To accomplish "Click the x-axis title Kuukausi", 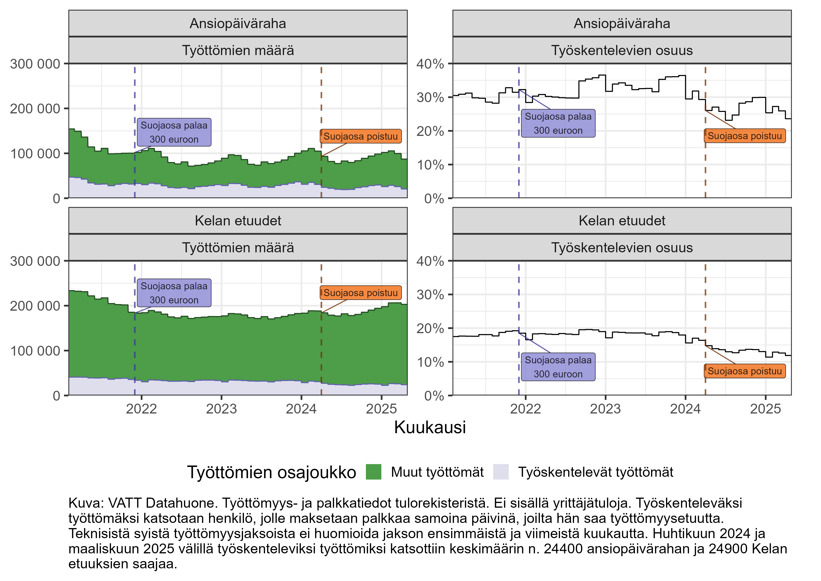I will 430,427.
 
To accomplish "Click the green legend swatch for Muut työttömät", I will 373,472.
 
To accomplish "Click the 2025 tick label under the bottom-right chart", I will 765,409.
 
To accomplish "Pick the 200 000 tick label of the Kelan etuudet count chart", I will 35,306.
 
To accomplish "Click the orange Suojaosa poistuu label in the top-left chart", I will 361,136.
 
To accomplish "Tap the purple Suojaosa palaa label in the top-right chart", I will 558,123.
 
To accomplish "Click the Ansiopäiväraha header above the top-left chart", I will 238,24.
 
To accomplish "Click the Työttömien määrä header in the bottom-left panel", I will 238,248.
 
